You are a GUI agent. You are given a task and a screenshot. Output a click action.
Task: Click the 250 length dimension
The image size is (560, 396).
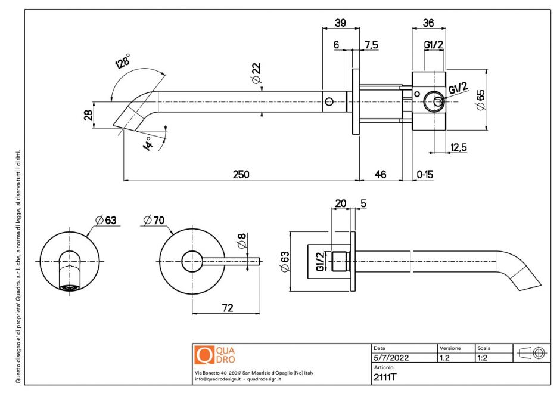pyautogui.click(x=241, y=174)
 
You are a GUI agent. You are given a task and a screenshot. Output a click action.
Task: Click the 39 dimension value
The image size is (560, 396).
pyautogui.click(x=340, y=23)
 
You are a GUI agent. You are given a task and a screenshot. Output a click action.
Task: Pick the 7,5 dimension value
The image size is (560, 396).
pyautogui.click(x=371, y=45)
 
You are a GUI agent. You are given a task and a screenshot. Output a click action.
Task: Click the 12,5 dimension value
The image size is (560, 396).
pyautogui.click(x=459, y=147)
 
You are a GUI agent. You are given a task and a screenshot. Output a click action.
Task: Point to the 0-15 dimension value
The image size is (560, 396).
pyautogui.click(x=425, y=174)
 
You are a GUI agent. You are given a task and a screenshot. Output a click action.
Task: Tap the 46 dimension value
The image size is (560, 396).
pyautogui.click(x=380, y=174)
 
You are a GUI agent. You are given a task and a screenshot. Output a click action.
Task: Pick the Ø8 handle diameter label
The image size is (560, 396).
pyautogui.click(x=241, y=242)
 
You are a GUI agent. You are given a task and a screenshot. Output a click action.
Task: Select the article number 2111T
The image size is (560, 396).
pyautogui.click(x=385, y=377)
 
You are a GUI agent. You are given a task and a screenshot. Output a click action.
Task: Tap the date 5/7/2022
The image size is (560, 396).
pyautogui.click(x=391, y=358)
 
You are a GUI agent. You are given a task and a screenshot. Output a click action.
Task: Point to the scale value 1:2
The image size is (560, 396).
pyautogui.click(x=483, y=358)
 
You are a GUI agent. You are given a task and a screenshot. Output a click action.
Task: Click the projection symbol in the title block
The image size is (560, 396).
pyautogui.click(x=531, y=352)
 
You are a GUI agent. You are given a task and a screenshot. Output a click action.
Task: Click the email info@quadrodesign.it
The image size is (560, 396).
pyautogui.click(x=217, y=379)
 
